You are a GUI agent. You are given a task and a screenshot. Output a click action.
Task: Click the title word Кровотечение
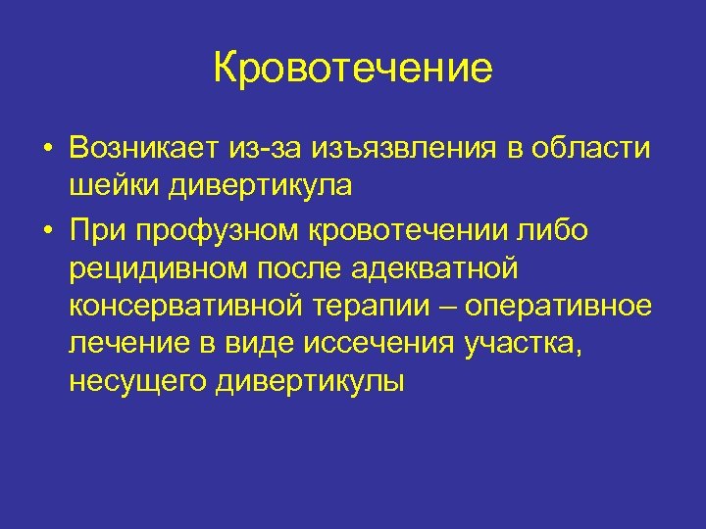[x=353, y=69]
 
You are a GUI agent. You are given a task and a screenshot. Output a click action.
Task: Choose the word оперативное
[x=560, y=307]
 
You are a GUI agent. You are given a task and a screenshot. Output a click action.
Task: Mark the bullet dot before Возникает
[x=47, y=150]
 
